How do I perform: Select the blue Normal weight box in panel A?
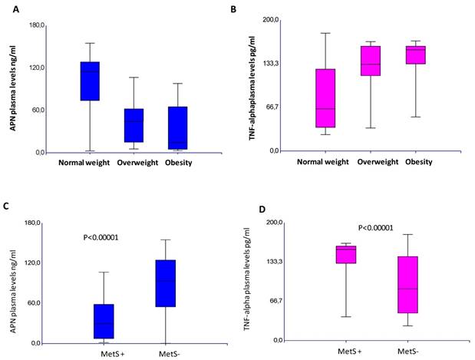(x=91, y=81)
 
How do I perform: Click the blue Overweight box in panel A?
(x=134, y=124)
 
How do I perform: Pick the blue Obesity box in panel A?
(x=178, y=127)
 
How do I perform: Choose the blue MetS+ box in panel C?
(x=104, y=321)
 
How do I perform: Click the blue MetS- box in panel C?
(x=164, y=283)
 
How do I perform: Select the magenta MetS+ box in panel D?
(x=346, y=254)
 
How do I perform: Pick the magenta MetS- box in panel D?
(x=407, y=284)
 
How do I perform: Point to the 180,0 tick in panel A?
(x=35, y=25)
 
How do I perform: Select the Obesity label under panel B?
(x=416, y=162)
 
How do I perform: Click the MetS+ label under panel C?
(x=107, y=353)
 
